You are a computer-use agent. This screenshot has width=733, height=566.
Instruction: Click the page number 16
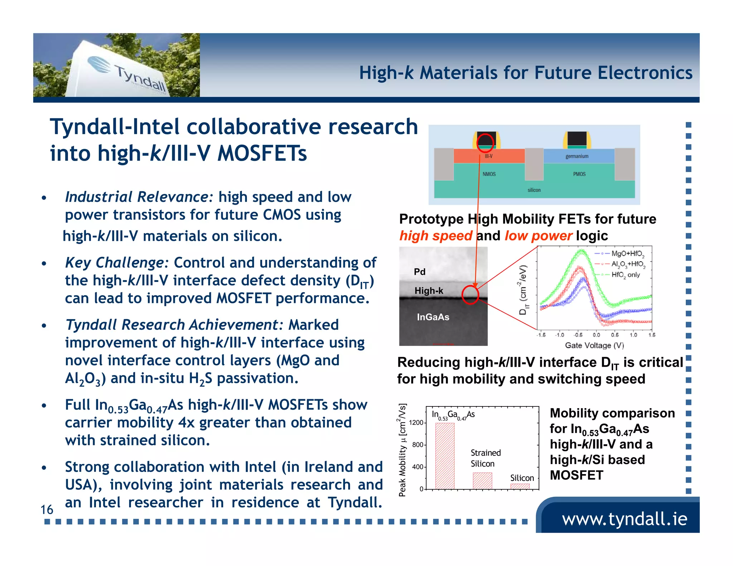[x=47, y=509]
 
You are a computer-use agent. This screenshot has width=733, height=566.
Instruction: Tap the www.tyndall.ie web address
[x=624, y=518]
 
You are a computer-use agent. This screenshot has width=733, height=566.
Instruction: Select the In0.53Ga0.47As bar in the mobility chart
[x=445, y=456]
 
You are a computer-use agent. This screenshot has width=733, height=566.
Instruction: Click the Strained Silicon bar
[x=482, y=480]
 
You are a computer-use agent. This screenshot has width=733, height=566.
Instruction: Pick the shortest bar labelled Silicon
[x=520, y=486]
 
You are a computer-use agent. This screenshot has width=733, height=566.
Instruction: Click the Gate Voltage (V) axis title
[x=594, y=345]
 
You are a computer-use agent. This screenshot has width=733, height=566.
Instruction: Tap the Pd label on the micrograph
[x=419, y=272]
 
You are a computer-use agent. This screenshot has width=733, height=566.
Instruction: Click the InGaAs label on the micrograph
[x=433, y=317]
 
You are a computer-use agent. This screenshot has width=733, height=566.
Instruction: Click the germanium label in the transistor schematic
[x=577, y=156]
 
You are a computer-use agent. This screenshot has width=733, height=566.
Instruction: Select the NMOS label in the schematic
[x=489, y=174]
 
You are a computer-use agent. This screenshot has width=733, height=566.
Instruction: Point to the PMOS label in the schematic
[x=579, y=174]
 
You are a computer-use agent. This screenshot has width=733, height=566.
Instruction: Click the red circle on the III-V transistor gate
[x=485, y=143]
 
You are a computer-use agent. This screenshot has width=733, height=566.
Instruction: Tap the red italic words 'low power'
[x=538, y=236]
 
